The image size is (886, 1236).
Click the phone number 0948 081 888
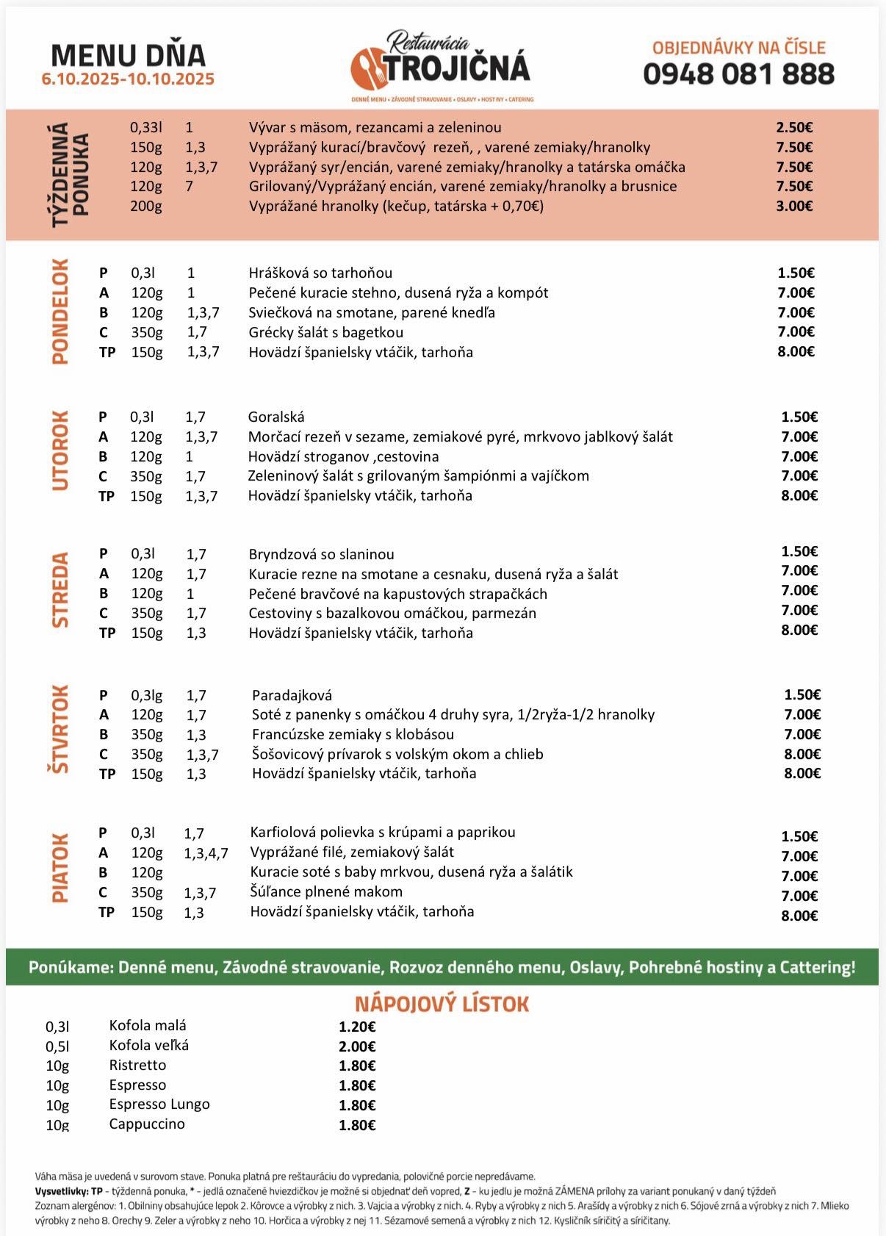738,74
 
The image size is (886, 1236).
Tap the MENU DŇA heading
129,56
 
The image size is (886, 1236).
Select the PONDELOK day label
60,312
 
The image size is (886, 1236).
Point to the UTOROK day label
60,450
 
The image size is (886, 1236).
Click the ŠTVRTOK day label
60,729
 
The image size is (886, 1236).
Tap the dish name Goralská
276,417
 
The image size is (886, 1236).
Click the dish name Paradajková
292,695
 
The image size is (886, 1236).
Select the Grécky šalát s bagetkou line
325,332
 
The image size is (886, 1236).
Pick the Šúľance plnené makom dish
326,892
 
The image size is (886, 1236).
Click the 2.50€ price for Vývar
794,128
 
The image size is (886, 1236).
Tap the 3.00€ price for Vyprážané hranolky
794,206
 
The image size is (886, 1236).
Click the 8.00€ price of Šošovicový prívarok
802,754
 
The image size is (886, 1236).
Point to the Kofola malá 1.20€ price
357,1027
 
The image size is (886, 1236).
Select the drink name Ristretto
137,1066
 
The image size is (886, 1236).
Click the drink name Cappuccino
147,1124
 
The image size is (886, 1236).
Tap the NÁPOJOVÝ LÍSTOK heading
442,1005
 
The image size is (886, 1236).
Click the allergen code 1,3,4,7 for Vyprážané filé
206,853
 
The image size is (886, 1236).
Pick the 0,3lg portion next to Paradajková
147,695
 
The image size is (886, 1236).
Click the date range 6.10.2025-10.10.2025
129,79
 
